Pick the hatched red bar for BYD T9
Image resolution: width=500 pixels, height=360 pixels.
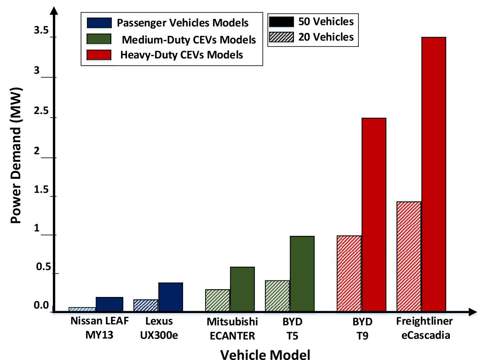pyautogui.click(x=349, y=274)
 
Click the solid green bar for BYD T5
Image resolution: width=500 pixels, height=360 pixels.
pyautogui.click(x=302, y=274)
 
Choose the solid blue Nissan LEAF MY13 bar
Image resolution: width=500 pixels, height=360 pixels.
pyautogui.click(x=109, y=304)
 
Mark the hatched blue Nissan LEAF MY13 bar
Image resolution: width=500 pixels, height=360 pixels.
pyautogui.click(x=82, y=309)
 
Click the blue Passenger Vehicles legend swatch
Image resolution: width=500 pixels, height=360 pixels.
pyautogui.click(x=99, y=23)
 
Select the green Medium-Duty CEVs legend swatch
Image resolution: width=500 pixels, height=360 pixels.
pyautogui.click(x=99, y=40)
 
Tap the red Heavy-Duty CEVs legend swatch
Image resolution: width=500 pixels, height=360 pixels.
pyautogui.click(x=99, y=55)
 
